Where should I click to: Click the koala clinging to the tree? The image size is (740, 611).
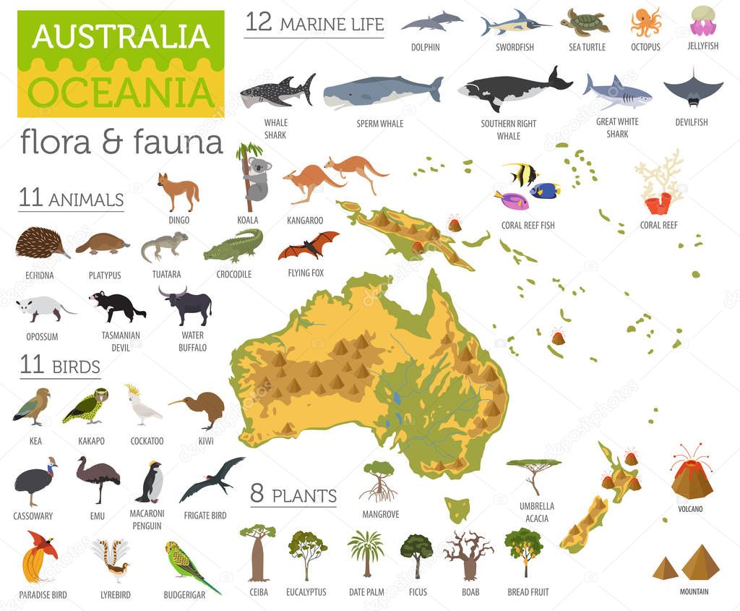tap(256, 177)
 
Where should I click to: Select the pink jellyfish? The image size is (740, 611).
tap(703, 22)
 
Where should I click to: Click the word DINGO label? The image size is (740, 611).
tap(178, 221)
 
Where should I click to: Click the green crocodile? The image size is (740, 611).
tap(233, 247)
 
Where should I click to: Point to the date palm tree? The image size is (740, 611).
tap(366, 553)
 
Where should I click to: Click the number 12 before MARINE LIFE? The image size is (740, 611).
tap(259, 22)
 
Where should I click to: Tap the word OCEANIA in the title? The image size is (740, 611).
tap(121, 92)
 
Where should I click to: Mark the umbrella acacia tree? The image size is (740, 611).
tap(533, 474)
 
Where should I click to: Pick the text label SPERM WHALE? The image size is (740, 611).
tap(381, 124)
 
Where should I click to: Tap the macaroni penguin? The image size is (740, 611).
tap(151, 482)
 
